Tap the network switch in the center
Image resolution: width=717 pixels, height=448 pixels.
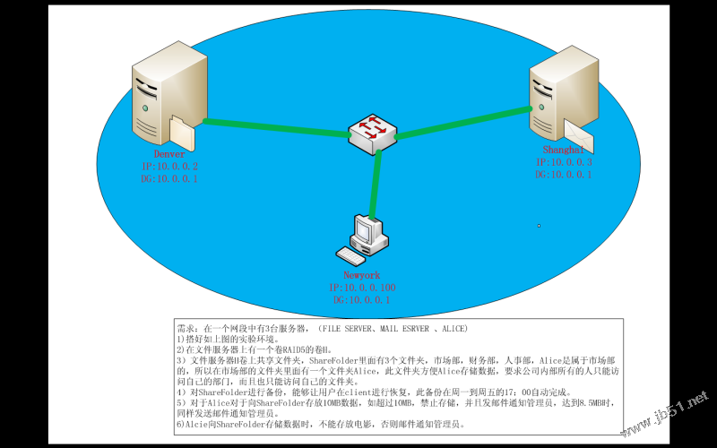(x=372, y=132)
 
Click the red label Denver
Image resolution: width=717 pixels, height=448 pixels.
(x=163, y=154)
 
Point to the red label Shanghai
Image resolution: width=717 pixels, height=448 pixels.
(x=562, y=150)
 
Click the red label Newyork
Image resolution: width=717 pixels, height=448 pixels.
(x=362, y=275)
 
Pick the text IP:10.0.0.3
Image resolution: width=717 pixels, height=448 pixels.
(x=563, y=162)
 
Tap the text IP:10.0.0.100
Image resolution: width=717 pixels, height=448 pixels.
(x=362, y=288)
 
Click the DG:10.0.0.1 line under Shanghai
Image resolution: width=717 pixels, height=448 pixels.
(x=563, y=175)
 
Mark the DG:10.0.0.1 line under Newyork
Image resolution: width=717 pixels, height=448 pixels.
(x=362, y=300)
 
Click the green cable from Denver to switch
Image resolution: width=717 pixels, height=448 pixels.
(x=273, y=127)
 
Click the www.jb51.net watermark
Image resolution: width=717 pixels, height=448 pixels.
(x=667, y=409)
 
